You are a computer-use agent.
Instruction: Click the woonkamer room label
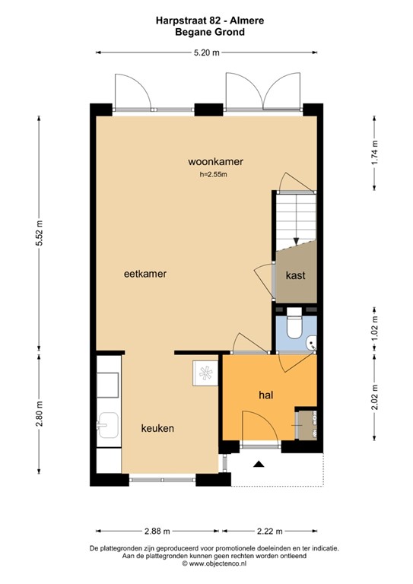click(210, 161)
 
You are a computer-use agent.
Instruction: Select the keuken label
click(157, 429)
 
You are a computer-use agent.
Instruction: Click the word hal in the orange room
click(265, 395)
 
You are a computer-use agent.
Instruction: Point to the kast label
click(295, 276)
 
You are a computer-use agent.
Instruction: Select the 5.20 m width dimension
click(205, 52)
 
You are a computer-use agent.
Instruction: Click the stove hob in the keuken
click(206, 372)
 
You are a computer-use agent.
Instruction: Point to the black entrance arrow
click(259, 463)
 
